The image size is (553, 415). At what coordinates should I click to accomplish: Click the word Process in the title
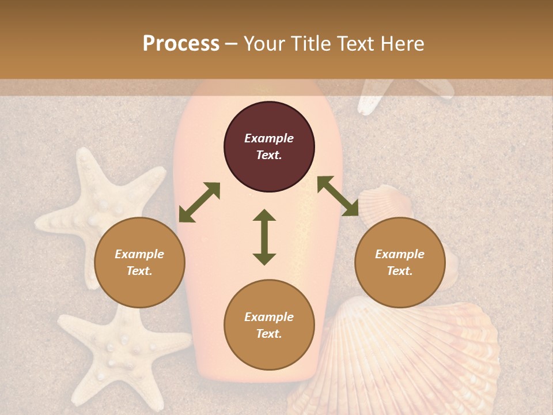[181, 44]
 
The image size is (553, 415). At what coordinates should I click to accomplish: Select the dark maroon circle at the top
[269, 146]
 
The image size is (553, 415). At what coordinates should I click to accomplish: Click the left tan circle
[139, 262]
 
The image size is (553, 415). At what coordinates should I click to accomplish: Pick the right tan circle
[400, 262]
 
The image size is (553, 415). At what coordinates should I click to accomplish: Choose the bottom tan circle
[269, 325]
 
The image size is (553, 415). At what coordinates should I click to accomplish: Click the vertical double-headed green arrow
[264, 237]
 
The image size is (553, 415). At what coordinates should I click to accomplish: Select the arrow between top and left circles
[199, 202]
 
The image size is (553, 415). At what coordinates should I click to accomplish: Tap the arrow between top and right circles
[338, 196]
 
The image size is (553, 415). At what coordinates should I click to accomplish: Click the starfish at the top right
[403, 92]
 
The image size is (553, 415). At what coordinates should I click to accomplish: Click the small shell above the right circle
[385, 202]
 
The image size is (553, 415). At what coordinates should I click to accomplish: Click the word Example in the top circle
[269, 138]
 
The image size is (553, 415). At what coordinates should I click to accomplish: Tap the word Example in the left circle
[139, 254]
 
